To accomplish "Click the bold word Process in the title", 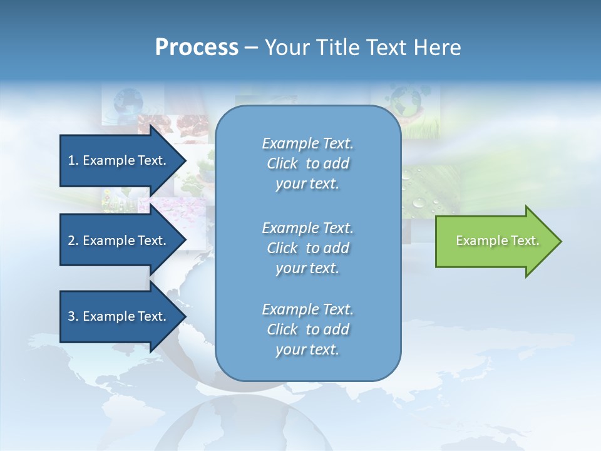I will tap(197, 48).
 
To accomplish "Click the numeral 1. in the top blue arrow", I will tap(73, 160).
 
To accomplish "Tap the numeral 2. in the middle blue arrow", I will tap(73, 241).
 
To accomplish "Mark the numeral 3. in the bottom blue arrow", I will tap(73, 316).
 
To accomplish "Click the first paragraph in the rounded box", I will tap(308, 163).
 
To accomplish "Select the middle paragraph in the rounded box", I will tap(308, 248).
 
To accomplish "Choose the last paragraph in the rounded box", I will tap(308, 329).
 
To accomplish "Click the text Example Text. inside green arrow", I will tap(498, 241).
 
